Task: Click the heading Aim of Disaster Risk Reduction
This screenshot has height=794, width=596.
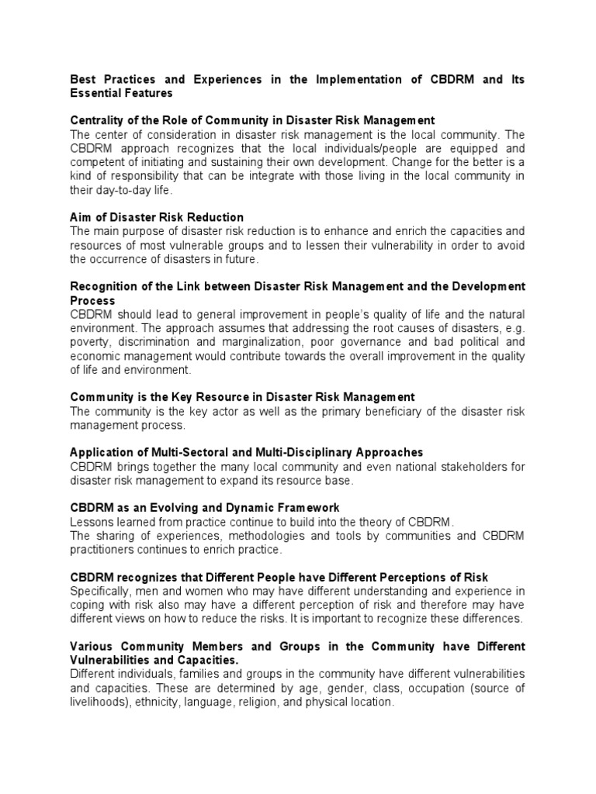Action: (157, 217)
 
